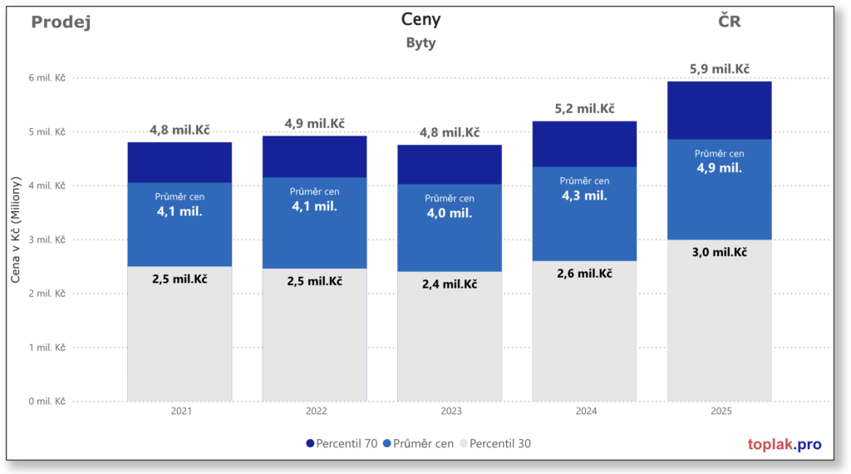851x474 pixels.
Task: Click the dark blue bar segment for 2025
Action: [720, 110]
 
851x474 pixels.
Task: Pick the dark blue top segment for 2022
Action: [314, 156]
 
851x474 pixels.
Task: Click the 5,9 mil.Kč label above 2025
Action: [720, 69]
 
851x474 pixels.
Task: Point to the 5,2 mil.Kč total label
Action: [584, 109]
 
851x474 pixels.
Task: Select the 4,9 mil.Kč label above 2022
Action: [314, 124]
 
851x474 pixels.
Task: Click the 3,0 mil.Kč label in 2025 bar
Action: [720, 253]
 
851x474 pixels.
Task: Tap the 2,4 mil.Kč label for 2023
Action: [450, 284]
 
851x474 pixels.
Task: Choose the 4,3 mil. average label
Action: [584, 196]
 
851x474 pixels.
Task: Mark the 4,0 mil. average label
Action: [450, 213]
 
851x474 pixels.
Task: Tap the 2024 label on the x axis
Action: [584, 412]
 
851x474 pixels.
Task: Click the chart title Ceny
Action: [421, 19]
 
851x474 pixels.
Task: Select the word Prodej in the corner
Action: [61, 22]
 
